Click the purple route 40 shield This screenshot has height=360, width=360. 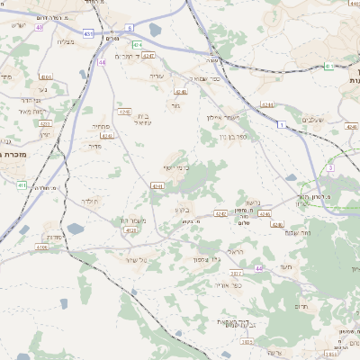click(40, 27)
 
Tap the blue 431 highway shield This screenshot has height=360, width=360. click(88, 33)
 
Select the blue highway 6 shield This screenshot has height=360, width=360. click(130, 28)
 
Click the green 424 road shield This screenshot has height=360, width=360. click(138, 44)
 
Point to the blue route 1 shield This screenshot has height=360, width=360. click(282, 123)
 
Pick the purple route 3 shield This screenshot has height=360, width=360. click(331, 167)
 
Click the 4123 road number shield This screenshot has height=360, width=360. click(131, 230)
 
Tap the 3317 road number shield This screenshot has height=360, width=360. click(237, 273)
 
